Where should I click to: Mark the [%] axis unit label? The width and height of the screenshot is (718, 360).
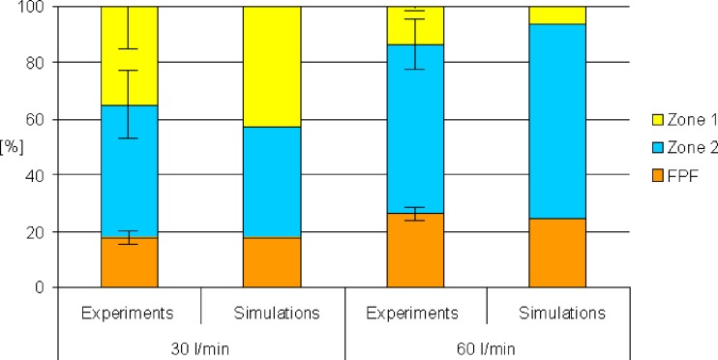coord(12,155)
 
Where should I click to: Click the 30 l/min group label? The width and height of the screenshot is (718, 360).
coord(200,345)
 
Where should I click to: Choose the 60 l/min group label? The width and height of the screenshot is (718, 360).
coord(487,345)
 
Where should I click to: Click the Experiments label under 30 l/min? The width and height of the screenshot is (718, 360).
coord(129,313)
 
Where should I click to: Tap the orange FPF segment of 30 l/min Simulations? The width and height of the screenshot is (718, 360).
coord(272,262)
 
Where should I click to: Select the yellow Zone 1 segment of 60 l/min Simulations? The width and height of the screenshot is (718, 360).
coord(557,15)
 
